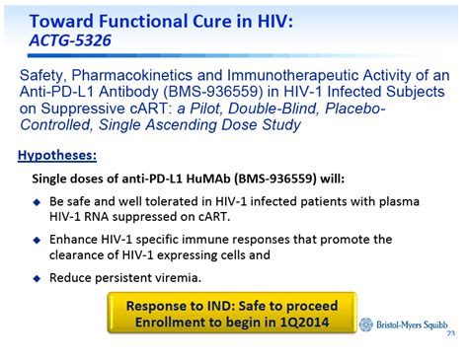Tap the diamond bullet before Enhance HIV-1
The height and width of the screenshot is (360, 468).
point(38,240)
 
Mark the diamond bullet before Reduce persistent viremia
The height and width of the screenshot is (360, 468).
point(38,277)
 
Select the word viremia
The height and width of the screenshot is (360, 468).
point(174,277)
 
